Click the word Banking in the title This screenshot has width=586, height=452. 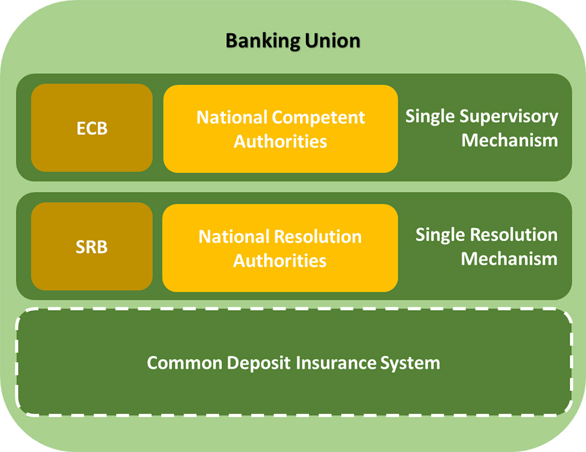[263, 41]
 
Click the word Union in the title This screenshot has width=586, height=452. [333, 41]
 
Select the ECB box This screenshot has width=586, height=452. [92, 128]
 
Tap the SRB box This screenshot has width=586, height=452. [92, 247]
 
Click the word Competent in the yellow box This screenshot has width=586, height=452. [318, 118]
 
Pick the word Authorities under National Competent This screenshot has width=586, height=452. [280, 141]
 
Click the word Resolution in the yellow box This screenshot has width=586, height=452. [318, 237]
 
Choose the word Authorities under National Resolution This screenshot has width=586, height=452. [280, 261]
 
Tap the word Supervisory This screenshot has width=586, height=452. [509, 117]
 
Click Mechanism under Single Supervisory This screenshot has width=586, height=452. [510, 140]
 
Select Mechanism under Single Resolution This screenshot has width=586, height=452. [509, 259]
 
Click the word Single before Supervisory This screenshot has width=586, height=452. [431, 117]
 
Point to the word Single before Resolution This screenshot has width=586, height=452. [441, 235]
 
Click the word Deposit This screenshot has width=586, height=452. [258, 363]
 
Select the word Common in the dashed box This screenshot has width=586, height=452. [185, 363]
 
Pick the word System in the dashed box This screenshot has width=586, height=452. [410, 363]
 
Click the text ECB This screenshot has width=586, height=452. [92, 129]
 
